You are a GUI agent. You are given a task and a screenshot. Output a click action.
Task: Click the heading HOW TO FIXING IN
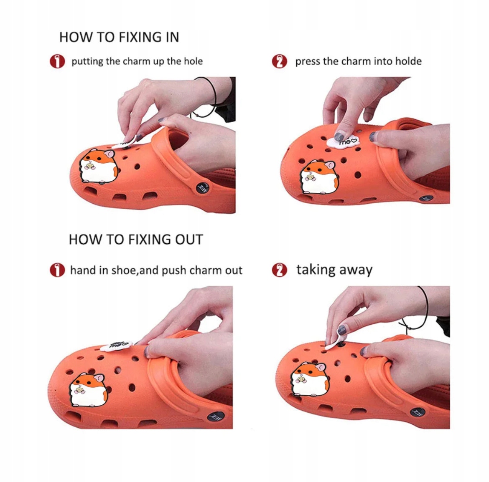[x=119, y=37]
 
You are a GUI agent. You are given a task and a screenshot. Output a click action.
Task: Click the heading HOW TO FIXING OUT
[x=136, y=240]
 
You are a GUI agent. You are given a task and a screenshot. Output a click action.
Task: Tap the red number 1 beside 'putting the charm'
[x=57, y=62]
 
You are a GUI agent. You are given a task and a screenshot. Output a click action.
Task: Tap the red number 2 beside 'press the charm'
[x=280, y=62]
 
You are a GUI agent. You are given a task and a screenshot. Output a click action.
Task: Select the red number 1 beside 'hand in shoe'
[x=57, y=270]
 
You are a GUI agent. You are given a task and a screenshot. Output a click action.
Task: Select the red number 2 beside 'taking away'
[x=280, y=270]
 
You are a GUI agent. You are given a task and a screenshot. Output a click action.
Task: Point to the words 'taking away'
[x=334, y=270]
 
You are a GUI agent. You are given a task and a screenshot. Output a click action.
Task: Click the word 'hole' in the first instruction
[x=193, y=61]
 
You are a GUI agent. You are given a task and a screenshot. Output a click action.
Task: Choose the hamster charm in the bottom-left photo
[x=89, y=390]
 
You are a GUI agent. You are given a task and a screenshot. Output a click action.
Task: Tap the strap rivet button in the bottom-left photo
[x=216, y=416]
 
